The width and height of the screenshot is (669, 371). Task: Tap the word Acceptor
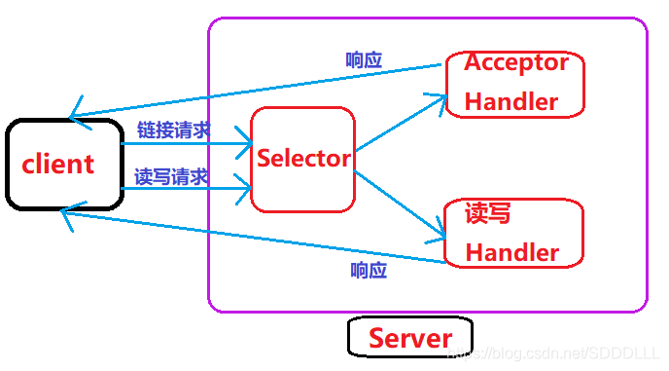click(515, 63)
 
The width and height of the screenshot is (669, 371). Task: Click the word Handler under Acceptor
click(511, 101)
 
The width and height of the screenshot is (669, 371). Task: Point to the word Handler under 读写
click(511, 252)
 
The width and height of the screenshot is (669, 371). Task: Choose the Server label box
click(409, 338)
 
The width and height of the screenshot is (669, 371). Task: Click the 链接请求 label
click(173, 130)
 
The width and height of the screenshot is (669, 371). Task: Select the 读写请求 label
click(171, 176)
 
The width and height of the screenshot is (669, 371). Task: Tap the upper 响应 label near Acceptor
click(364, 59)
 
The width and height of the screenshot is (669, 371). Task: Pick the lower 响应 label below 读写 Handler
click(369, 270)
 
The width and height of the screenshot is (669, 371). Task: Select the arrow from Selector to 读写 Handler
click(399, 205)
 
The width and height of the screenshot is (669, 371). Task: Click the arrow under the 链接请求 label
click(185, 144)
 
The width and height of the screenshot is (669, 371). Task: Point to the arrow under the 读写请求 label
click(185, 189)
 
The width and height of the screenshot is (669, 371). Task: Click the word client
click(58, 164)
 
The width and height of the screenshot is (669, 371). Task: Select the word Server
click(409, 338)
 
